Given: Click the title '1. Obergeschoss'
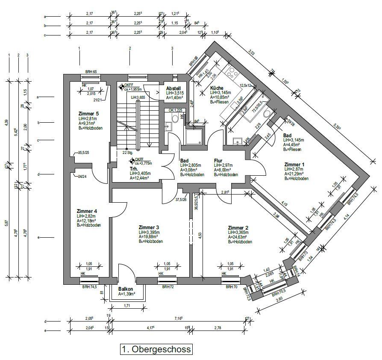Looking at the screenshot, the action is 156,349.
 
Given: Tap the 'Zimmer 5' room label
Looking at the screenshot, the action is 89,113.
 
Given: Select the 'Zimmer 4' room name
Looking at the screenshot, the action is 87,211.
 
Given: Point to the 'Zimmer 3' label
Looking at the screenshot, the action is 149,227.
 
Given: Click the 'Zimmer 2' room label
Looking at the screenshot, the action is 238,228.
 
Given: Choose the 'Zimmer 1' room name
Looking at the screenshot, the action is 295,164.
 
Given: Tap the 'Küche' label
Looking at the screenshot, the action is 217,89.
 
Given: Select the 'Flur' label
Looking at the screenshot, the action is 218,161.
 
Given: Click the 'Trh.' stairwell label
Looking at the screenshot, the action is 134,168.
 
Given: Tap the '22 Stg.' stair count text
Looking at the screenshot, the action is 127,152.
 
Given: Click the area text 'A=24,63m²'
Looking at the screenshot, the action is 239,237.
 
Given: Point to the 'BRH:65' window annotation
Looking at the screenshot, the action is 91,72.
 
